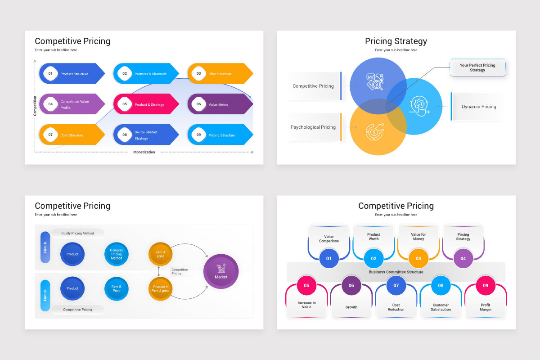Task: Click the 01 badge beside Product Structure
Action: (x=50, y=73)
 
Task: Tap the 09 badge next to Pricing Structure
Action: (x=198, y=135)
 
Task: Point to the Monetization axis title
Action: (x=144, y=152)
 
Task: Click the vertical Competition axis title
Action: (x=35, y=106)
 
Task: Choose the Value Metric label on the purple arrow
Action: (x=218, y=105)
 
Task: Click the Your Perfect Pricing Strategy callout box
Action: (x=477, y=68)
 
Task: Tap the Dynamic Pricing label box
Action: (x=478, y=107)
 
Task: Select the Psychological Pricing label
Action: (x=313, y=127)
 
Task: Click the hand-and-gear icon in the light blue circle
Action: (x=419, y=106)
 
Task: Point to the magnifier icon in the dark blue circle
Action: (x=375, y=82)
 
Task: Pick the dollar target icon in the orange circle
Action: (x=374, y=132)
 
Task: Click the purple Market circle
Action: (x=221, y=271)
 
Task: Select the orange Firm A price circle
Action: (x=160, y=254)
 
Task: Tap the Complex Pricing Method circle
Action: (x=117, y=254)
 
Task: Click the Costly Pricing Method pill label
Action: (x=77, y=233)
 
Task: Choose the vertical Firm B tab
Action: (x=45, y=296)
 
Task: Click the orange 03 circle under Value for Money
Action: (x=418, y=258)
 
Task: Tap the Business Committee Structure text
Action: (x=396, y=272)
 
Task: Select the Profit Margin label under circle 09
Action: (x=485, y=307)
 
